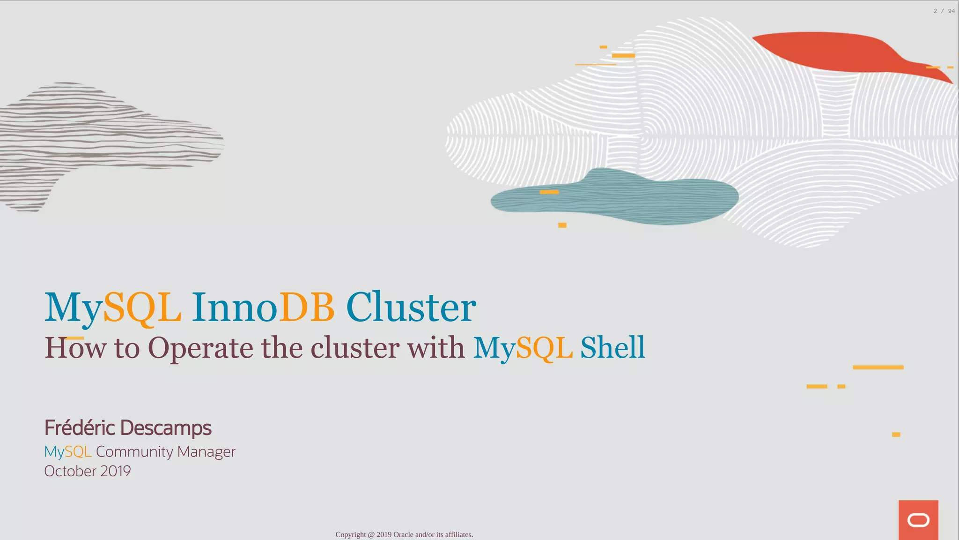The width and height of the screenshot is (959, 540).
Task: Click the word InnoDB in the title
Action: click(263, 307)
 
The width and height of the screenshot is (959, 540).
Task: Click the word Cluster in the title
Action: click(411, 307)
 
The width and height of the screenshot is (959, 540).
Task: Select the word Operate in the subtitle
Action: click(200, 348)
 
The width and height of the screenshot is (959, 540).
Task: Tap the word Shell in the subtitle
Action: click(612, 347)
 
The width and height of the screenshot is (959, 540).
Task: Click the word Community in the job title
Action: click(134, 451)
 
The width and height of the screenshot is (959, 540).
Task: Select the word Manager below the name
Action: click(206, 452)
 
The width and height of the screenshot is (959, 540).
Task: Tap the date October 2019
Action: click(88, 471)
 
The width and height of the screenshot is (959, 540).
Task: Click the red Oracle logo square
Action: click(918, 520)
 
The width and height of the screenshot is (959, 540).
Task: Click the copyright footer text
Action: click(404, 534)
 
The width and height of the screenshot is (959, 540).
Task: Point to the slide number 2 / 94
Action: click(944, 11)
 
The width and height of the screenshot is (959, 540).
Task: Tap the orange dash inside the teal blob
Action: click(549, 192)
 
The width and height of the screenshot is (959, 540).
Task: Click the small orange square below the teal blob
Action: click(562, 225)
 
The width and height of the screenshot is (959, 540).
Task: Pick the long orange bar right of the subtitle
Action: click(878, 367)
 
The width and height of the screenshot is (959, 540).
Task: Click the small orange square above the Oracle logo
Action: click(896, 435)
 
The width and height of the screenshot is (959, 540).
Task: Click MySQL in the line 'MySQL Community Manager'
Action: click(67, 451)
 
